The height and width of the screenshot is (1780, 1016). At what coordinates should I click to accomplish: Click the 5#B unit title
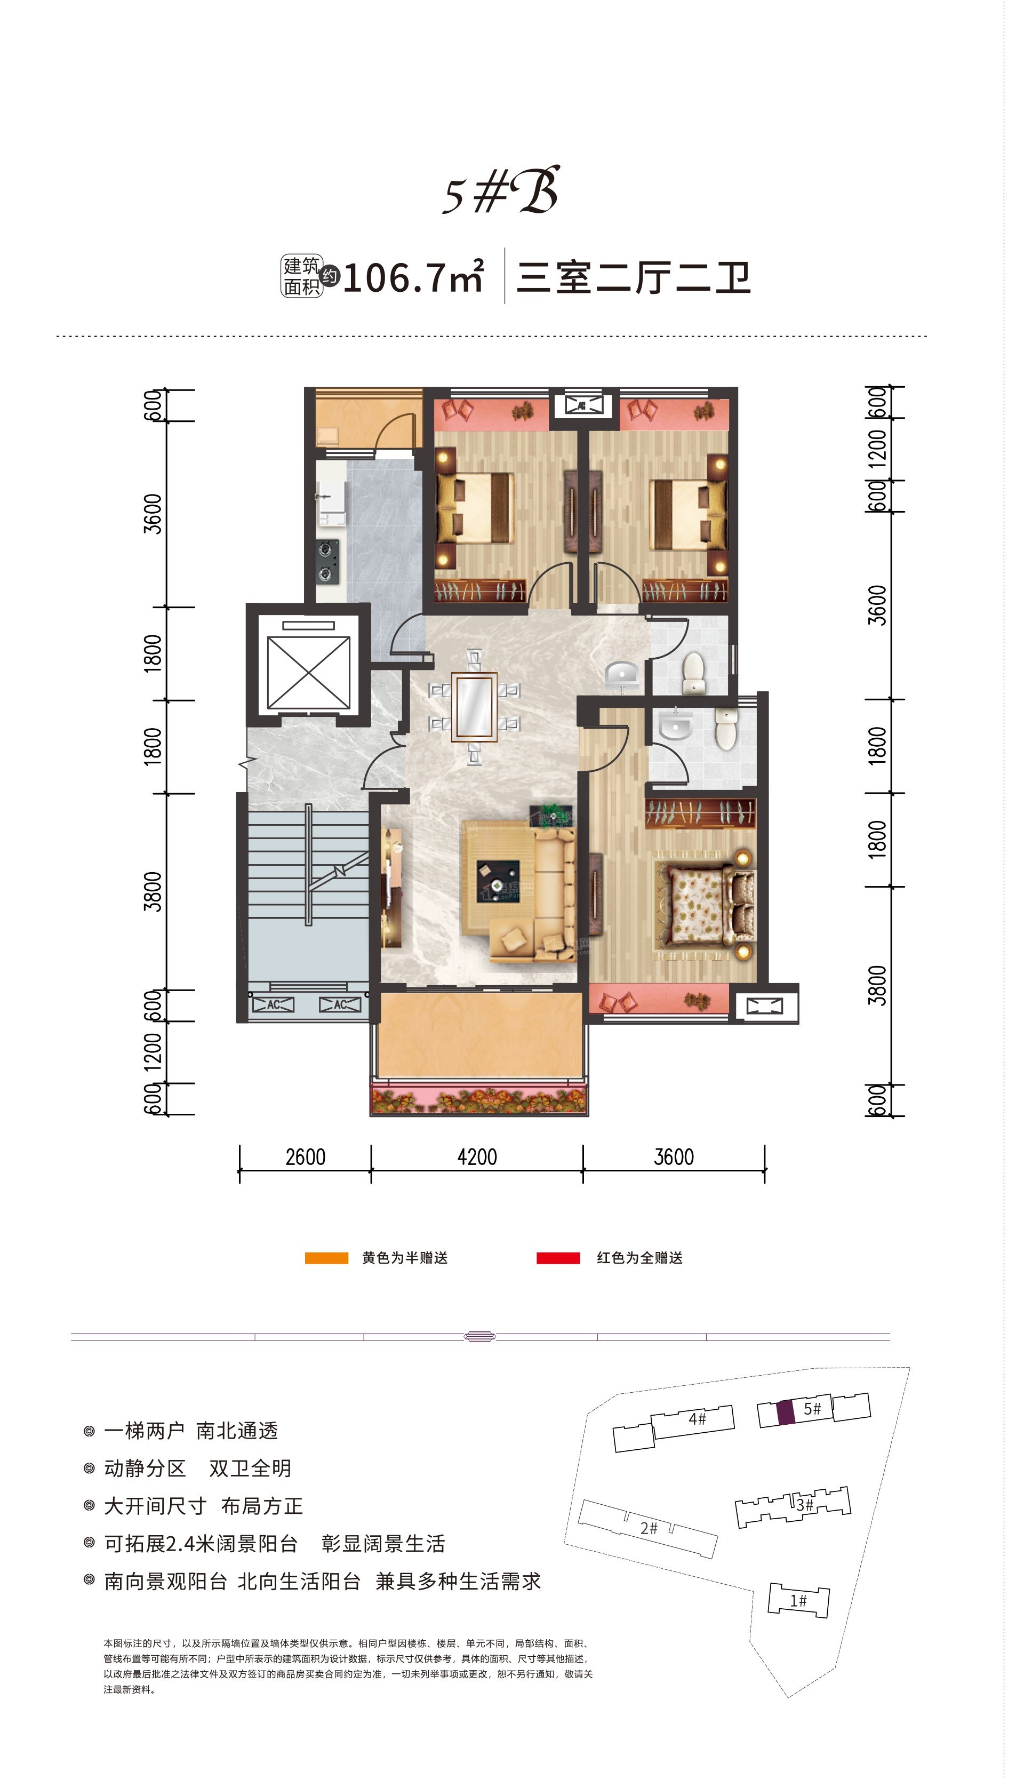click(501, 190)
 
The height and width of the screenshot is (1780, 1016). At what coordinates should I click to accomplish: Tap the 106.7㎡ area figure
click(413, 277)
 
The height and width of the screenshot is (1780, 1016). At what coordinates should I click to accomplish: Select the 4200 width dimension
click(477, 1156)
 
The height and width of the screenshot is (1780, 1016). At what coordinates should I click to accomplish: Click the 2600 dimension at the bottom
click(306, 1156)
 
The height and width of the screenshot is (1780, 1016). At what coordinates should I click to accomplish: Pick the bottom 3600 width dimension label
click(674, 1156)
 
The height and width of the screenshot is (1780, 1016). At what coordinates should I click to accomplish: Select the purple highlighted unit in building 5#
click(786, 1412)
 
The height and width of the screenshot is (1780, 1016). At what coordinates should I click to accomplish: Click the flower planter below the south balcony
click(479, 1100)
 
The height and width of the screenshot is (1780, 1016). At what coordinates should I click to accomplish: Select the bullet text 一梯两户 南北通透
click(190, 1431)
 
